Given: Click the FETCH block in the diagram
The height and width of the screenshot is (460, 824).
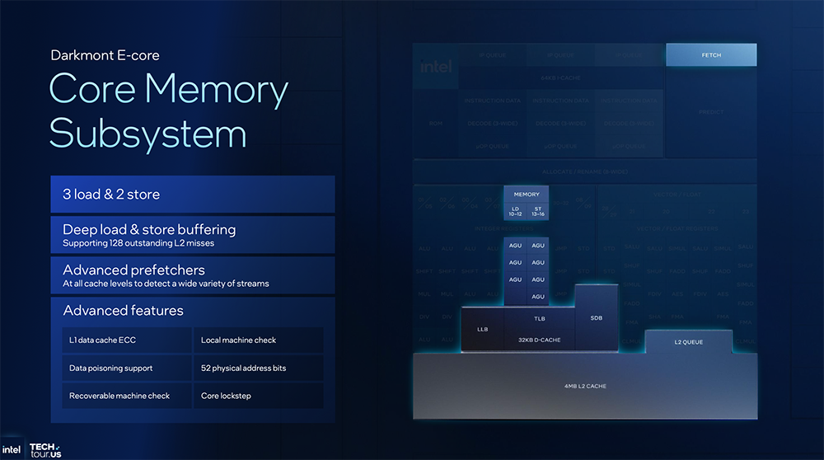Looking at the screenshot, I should pyautogui.click(x=710, y=55).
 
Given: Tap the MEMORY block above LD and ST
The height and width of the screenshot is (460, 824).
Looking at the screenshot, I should pyautogui.click(x=527, y=195).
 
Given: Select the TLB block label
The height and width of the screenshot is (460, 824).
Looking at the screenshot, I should pyautogui.click(x=540, y=318).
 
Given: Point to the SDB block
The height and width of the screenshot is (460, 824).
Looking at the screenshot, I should pyautogui.click(x=597, y=317).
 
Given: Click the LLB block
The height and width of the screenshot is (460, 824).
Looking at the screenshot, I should pyautogui.click(x=483, y=329).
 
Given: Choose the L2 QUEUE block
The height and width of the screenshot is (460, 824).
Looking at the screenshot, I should pyautogui.click(x=688, y=342).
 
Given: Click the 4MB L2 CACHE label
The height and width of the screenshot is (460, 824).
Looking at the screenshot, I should pyautogui.click(x=584, y=386).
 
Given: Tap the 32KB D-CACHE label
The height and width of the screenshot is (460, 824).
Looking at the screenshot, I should pyautogui.click(x=539, y=340).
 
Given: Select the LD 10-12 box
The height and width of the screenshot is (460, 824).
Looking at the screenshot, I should pyautogui.click(x=516, y=212).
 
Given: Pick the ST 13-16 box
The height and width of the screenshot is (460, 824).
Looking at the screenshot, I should pyautogui.click(x=537, y=212).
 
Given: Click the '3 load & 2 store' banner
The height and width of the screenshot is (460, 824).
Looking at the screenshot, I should pyautogui.click(x=192, y=195).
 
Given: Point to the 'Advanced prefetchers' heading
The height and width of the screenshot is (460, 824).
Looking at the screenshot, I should pyautogui.click(x=134, y=270).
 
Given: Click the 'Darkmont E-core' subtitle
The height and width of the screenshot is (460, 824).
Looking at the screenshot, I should pyautogui.click(x=105, y=55).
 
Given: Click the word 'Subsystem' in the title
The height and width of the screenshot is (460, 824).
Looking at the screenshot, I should pyautogui.click(x=148, y=132).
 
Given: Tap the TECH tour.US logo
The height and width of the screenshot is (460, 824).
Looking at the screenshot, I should pyautogui.click(x=45, y=449).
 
